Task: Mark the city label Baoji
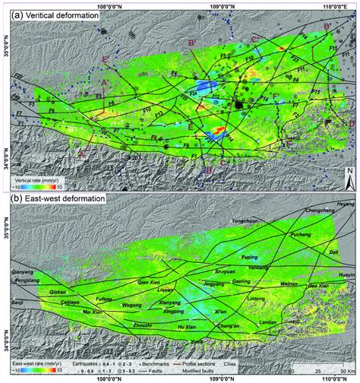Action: [14, 304]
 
